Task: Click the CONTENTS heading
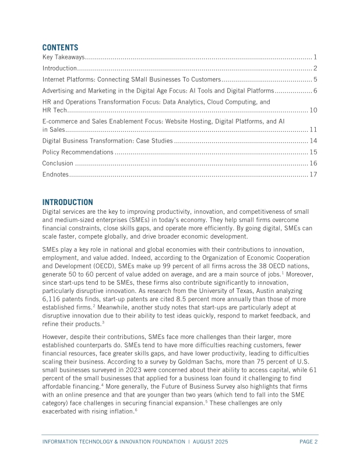coord(60,47)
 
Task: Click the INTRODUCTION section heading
coord(68,202)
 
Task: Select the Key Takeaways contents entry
coord(64,57)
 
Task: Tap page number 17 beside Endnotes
coord(313,174)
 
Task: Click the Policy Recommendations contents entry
coord(78,152)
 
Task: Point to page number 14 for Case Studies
coord(313,141)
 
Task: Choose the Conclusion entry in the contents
coord(58,163)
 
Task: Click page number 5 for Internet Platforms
coord(315,79)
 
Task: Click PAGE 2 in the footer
coord(308,442)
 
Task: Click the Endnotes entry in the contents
coord(56,174)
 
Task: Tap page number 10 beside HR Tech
coord(313,110)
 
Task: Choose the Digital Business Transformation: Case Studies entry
coord(108,141)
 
